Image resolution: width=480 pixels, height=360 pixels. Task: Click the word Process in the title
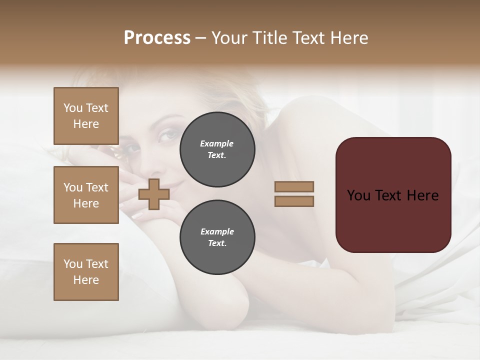pos(157,38)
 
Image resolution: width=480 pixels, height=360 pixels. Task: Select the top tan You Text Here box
pos(86,116)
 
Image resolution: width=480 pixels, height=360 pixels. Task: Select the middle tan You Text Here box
pos(86,195)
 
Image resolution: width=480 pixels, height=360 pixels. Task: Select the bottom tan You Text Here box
pos(86,272)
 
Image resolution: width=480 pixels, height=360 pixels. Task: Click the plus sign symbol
pos(153,194)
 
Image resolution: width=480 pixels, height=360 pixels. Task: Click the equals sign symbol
pos(294,194)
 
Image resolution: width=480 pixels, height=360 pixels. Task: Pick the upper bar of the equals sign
pos(294,186)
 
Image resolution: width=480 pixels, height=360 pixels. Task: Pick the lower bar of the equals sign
pos(294,201)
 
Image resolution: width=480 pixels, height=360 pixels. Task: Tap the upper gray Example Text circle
pos(217,149)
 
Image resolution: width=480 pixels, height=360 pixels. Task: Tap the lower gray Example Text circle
pos(217,237)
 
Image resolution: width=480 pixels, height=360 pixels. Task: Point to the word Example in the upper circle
pos(217,143)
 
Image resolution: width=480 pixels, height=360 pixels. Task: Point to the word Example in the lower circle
pos(217,231)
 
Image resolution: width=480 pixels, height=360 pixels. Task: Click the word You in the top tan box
pos(73,108)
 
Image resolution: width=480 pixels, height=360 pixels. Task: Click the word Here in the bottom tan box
pos(86,280)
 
